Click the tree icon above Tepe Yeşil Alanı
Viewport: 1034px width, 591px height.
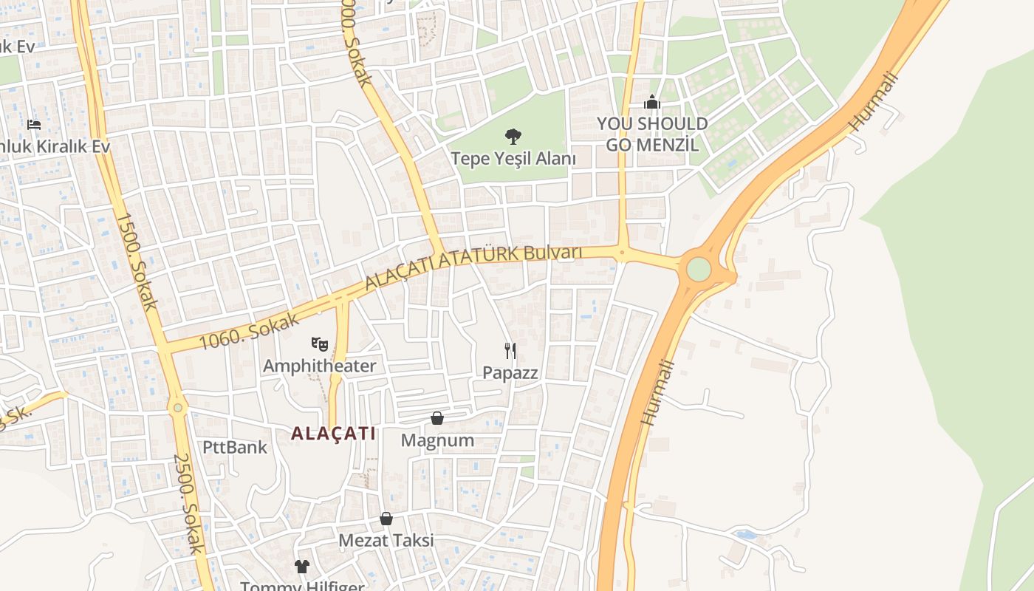coord(513,137)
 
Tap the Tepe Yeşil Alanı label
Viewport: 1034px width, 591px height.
coord(513,158)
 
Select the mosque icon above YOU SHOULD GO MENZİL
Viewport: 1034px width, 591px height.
coord(651,102)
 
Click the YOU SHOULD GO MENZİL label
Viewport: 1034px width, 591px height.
coord(651,134)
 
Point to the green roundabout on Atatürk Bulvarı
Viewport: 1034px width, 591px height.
coord(698,269)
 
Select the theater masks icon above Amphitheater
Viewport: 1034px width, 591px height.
coord(319,344)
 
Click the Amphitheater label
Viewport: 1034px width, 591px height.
coord(319,366)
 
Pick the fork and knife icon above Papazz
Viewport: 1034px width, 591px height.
coord(510,350)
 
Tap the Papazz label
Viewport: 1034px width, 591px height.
coord(510,372)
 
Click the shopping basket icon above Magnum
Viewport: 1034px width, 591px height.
coord(437,418)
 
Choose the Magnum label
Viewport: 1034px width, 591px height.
coord(437,440)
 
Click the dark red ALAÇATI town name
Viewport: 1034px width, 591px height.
coord(333,434)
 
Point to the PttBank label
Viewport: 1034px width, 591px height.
coord(235,447)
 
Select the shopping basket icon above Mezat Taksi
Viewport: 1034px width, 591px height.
coord(386,519)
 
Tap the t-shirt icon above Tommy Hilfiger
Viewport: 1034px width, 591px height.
coord(301,567)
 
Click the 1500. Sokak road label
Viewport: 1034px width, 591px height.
coord(137,262)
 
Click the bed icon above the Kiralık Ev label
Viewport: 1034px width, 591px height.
coord(34,124)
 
